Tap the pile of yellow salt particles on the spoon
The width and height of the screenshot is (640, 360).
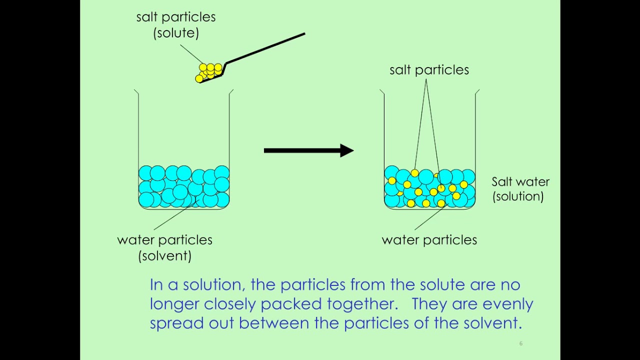coord(209,72)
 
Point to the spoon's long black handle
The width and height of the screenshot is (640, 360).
coord(265,48)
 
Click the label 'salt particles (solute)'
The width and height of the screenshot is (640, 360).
coord(176,24)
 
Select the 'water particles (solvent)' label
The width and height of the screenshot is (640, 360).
coord(164,247)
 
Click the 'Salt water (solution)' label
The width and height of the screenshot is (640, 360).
coord(520,189)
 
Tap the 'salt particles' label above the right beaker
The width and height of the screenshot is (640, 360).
coord(429,70)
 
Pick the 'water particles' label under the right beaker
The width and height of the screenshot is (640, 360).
coord(429,240)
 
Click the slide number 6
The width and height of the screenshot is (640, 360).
coord(520,343)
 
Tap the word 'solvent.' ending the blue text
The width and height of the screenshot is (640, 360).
coord(492,323)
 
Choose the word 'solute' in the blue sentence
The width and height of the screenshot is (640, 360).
coord(442,285)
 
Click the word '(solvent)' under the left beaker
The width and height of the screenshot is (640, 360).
coord(164,256)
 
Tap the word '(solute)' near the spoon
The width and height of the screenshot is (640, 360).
coord(176,33)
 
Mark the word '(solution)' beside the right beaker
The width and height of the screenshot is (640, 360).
coord(518,196)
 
